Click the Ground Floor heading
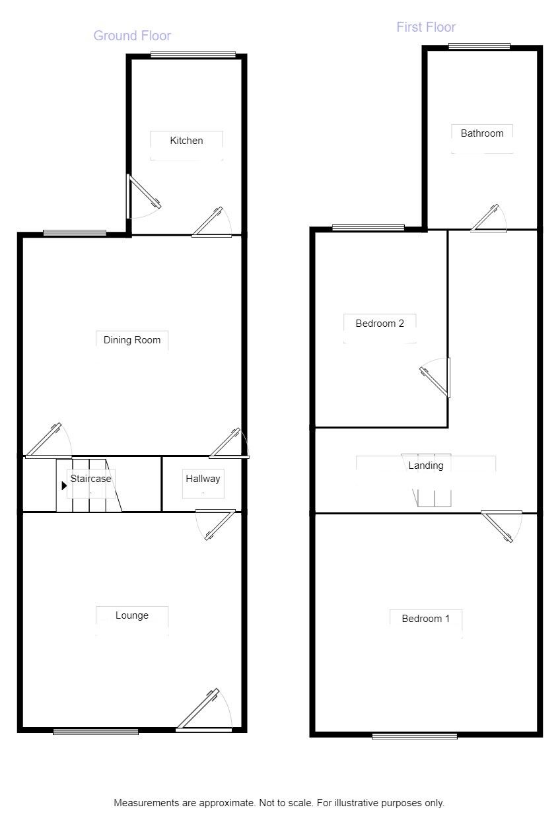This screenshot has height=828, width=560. pyautogui.click(x=132, y=36)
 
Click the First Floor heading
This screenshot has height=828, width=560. pyautogui.click(x=426, y=27)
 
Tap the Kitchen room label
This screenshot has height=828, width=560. pyautogui.click(x=186, y=141)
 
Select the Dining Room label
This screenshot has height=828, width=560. pyautogui.click(x=132, y=340)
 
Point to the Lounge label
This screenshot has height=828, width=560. pyautogui.click(x=132, y=615)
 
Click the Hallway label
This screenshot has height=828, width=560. pyautogui.click(x=202, y=479)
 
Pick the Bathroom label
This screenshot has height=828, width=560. pyautogui.click(x=482, y=133)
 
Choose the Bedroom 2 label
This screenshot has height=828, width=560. pyautogui.click(x=380, y=324)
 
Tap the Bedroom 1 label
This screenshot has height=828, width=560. pyautogui.click(x=426, y=619)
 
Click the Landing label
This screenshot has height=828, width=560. pyautogui.click(x=426, y=466)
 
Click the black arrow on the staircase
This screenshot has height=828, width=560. pyautogui.click(x=64, y=485)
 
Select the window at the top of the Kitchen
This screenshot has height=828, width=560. pyautogui.click(x=193, y=55)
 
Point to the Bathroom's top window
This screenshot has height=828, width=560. pyautogui.click(x=479, y=46)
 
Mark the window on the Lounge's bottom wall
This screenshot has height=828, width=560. pyautogui.click(x=96, y=731)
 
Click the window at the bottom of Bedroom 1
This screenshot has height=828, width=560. pyautogui.click(x=414, y=736)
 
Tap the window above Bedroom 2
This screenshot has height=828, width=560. pyautogui.click(x=368, y=228)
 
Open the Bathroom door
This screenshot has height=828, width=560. pyautogui.click(x=489, y=219)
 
